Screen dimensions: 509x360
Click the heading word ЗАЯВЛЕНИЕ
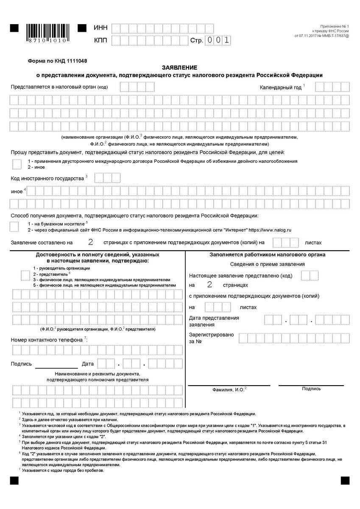click(180, 68)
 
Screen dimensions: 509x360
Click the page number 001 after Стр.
click(218, 41)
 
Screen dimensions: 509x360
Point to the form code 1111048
click(74, 61)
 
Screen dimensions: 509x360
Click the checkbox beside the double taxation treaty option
click(16, 164)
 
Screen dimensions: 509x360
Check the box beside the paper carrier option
click(14, 226)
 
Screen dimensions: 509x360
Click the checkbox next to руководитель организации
click(25, 275)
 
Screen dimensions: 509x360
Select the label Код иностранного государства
click(47, 178)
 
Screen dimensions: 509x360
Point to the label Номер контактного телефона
click(47, 340)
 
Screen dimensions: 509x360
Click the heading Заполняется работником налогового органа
click(268, 255)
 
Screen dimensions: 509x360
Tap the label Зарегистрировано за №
click(211, 338)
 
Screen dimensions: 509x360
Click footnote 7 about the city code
click(61, 470)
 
